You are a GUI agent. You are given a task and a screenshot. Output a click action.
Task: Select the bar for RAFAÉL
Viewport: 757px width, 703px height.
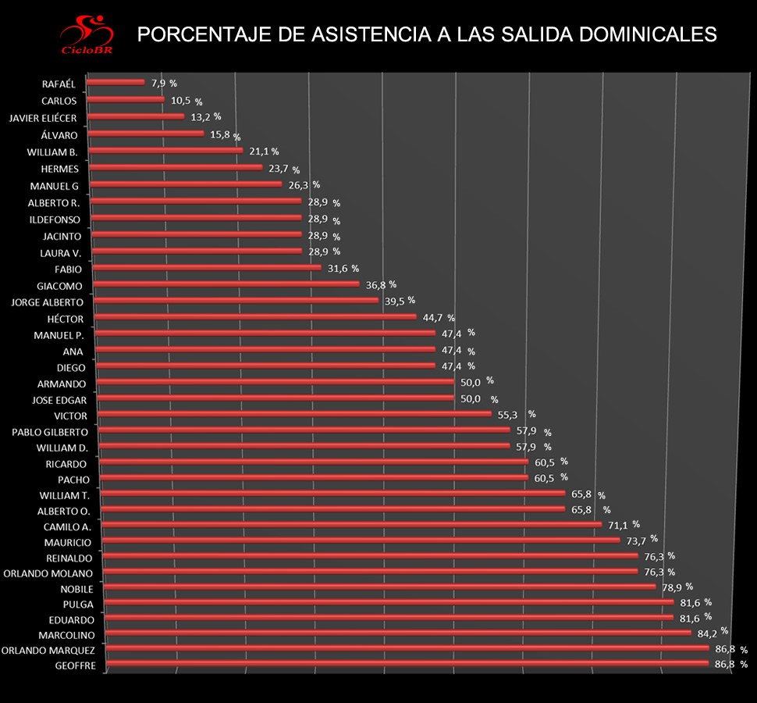(x=116, y=81)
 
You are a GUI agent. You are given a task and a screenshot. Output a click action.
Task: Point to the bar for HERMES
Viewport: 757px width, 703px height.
(x=176, y=167)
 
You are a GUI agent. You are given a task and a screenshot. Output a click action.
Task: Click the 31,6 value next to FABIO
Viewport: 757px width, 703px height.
(x=338, y=269)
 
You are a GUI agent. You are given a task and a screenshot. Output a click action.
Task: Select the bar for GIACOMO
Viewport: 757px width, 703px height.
(x=226, y=284)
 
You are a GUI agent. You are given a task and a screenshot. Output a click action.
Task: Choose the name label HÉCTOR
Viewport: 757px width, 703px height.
(x=66, y=319)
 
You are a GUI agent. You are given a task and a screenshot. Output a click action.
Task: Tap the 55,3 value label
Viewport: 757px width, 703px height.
(x=508, y=415)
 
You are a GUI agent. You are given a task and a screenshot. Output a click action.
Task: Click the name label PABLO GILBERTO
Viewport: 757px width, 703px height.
(x=50, y=432)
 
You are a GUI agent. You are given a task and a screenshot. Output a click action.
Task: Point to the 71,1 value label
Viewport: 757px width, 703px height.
(x=617, y=525)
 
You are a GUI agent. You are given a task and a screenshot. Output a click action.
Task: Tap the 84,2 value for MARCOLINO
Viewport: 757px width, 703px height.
(x=707, y=632)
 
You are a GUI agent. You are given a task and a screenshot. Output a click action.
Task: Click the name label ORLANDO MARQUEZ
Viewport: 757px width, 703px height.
(x=48, y=650)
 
